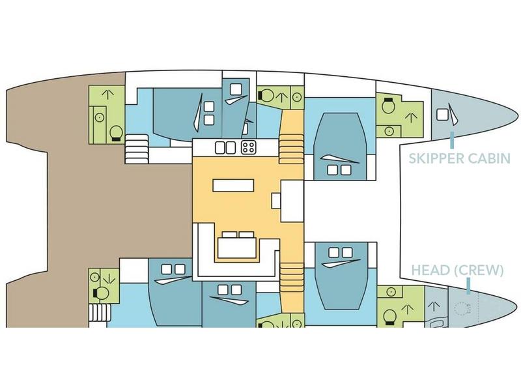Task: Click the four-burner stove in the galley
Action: point(248,148)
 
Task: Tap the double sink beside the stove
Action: point(225,148)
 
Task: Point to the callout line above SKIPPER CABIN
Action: point(452,140)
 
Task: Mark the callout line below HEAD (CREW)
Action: point(468,286)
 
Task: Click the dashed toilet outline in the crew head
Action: point(462,309)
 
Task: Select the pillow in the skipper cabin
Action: point(442,115)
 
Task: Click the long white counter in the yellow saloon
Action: point(233,185)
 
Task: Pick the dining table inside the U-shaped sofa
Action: point(237,248)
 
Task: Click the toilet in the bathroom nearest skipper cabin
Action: point(388,106)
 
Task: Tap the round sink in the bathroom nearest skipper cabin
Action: point(389,132)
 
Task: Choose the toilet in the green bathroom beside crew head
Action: point(389,317)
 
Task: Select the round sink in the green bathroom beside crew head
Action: point(391,292)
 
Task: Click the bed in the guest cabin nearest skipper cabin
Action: point(340,146)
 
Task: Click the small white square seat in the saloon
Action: point(276,201)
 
